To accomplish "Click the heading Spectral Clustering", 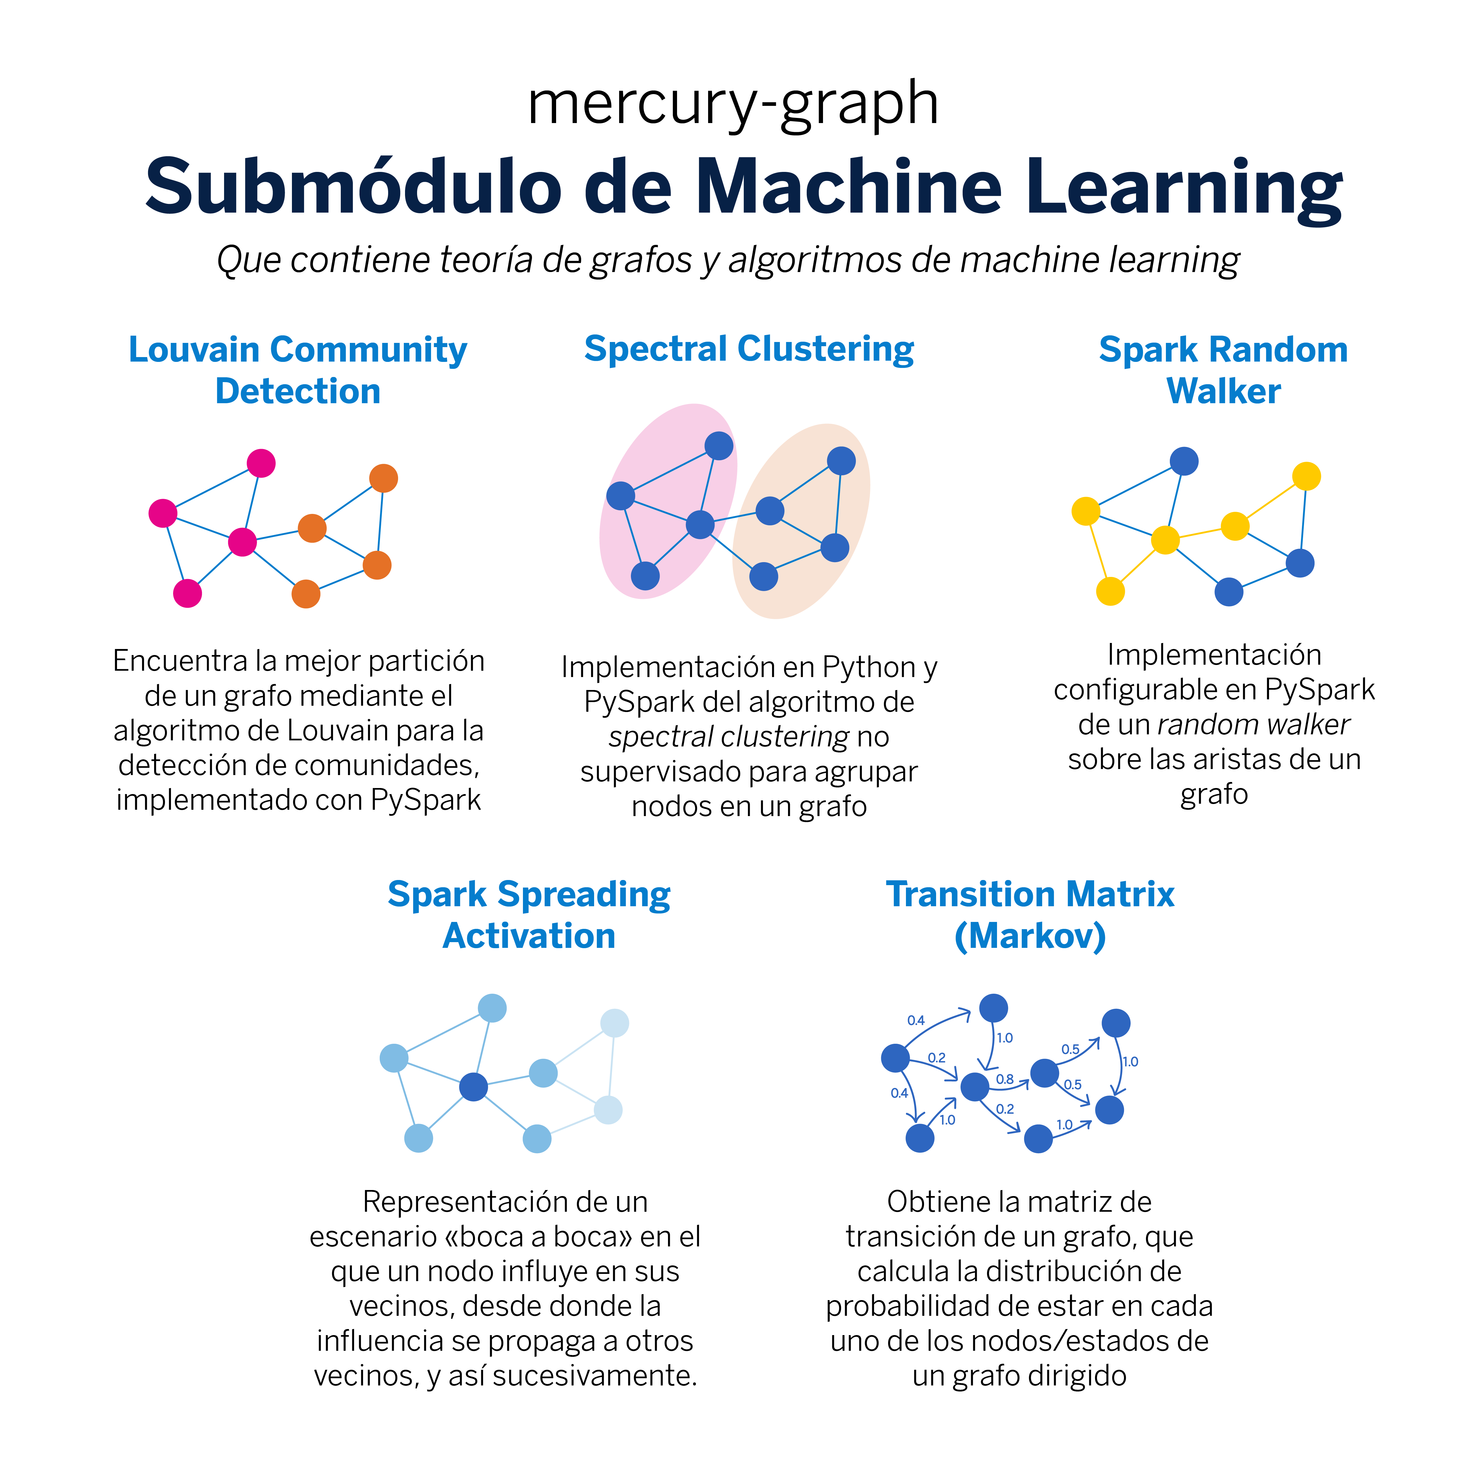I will tap(749, 350).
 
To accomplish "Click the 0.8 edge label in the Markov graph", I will tap(1005, 1079).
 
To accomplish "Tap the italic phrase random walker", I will tap(1253, 725).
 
